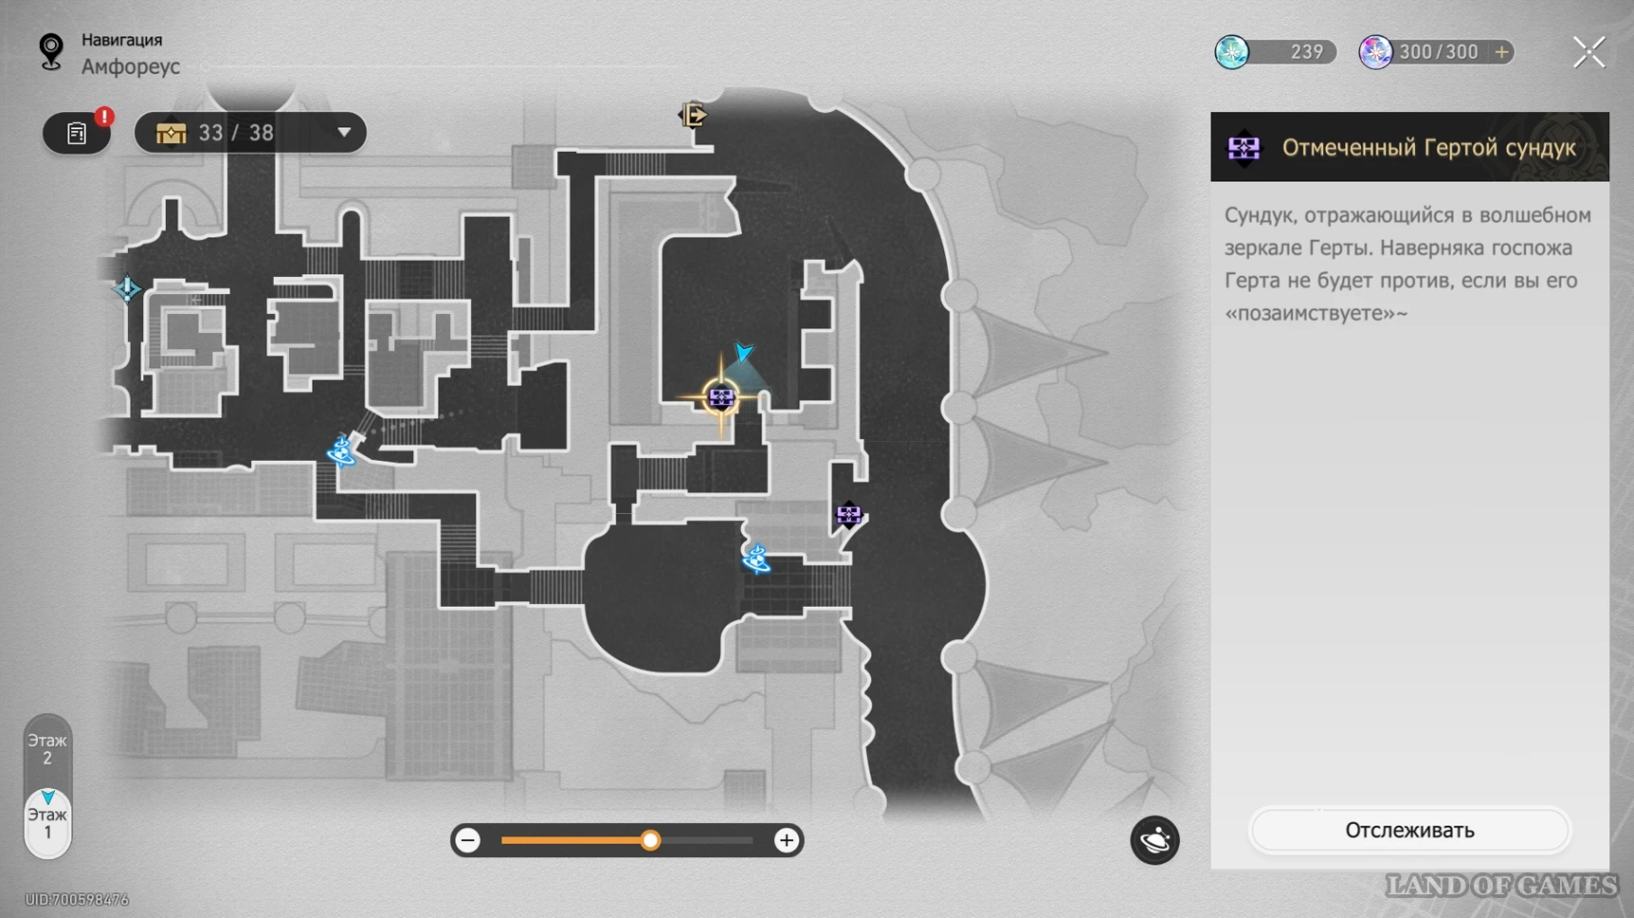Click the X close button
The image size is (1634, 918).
(x=1589, y=52)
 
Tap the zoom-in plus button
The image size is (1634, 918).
(x=786, y=840)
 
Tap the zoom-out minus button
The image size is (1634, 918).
(x=467, y=840)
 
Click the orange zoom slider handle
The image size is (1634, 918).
(x=650, y=840)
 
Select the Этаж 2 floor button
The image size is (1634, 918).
(x=47, y=749)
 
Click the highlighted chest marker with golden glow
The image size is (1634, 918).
(x=721, y=397)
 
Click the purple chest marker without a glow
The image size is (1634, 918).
(x=848, y=515)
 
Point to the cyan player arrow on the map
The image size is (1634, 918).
(x=744, y=352)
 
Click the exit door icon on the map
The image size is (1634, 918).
(x=693, y=115)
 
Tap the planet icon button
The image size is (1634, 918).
(x=1154, y=840)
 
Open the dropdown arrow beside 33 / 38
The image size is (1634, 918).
(x=344, y=133)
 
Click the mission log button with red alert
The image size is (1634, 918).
(x=77, y=133)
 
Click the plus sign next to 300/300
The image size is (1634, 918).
(x=1501, y=52)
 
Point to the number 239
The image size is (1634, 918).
(x=1306, y=52)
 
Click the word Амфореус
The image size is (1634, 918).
(x=131, y=66)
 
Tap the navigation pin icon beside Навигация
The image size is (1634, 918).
(x=51, y=51)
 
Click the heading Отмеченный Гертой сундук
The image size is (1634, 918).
(x=1428, y=148)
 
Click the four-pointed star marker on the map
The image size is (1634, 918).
(x=127, y=288)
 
